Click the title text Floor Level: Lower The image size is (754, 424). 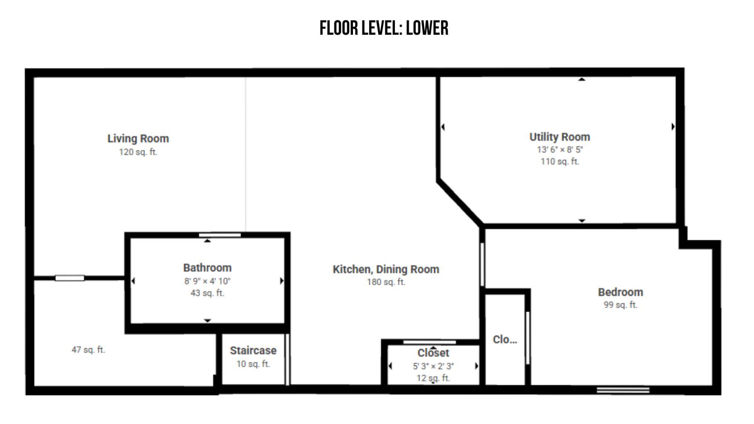click(x=384, y=28)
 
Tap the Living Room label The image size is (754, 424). click(x=138, y=138)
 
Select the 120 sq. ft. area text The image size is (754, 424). click(x=138, y=152)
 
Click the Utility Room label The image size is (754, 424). click(x=560, y=137)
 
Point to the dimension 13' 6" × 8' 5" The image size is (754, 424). click(x=560, y=150)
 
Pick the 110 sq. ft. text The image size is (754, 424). click(x=560, y=162)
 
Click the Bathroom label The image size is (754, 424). click(x=207, y=268)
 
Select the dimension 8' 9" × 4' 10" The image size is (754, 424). click(x=207, y=281)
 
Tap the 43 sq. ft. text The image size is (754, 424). click(x=207, y=293)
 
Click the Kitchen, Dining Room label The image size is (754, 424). click(x=386, y=269)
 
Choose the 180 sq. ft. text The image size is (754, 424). click(x=386, y=282)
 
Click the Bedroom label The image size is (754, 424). click(x=620, y=292)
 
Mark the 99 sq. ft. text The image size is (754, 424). click(x=620, y=305)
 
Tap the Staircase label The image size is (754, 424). click(x=253, y=351)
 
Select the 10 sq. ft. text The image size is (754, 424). click(x=253, y=364)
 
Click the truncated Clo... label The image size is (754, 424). click(x=505, y=339)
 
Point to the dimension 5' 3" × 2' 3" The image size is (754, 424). click(x=433, y=366)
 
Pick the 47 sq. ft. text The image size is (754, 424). click(x=88, y=350)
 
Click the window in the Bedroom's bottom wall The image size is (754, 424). click(x=623, y=390)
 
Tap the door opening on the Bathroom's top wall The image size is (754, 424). click(x=220, y=235)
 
